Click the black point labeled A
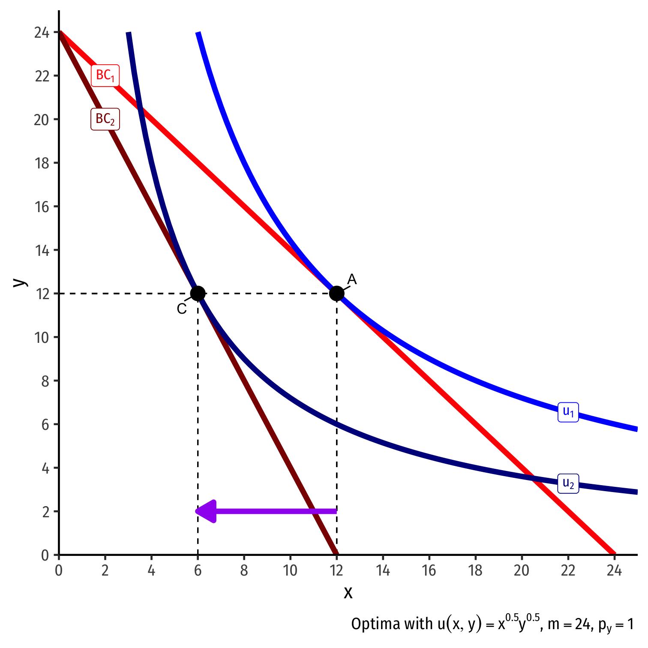336,294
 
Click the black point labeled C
198,294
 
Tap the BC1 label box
105,75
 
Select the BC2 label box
105,119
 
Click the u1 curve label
568,412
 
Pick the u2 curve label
568,483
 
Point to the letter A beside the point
352,279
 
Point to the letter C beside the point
182,309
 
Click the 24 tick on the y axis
42,33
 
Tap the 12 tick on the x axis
336,570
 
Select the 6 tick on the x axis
198,570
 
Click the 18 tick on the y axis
42,163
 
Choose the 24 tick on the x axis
614,570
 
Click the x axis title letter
348,592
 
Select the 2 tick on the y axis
45,511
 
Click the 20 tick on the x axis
522,570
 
